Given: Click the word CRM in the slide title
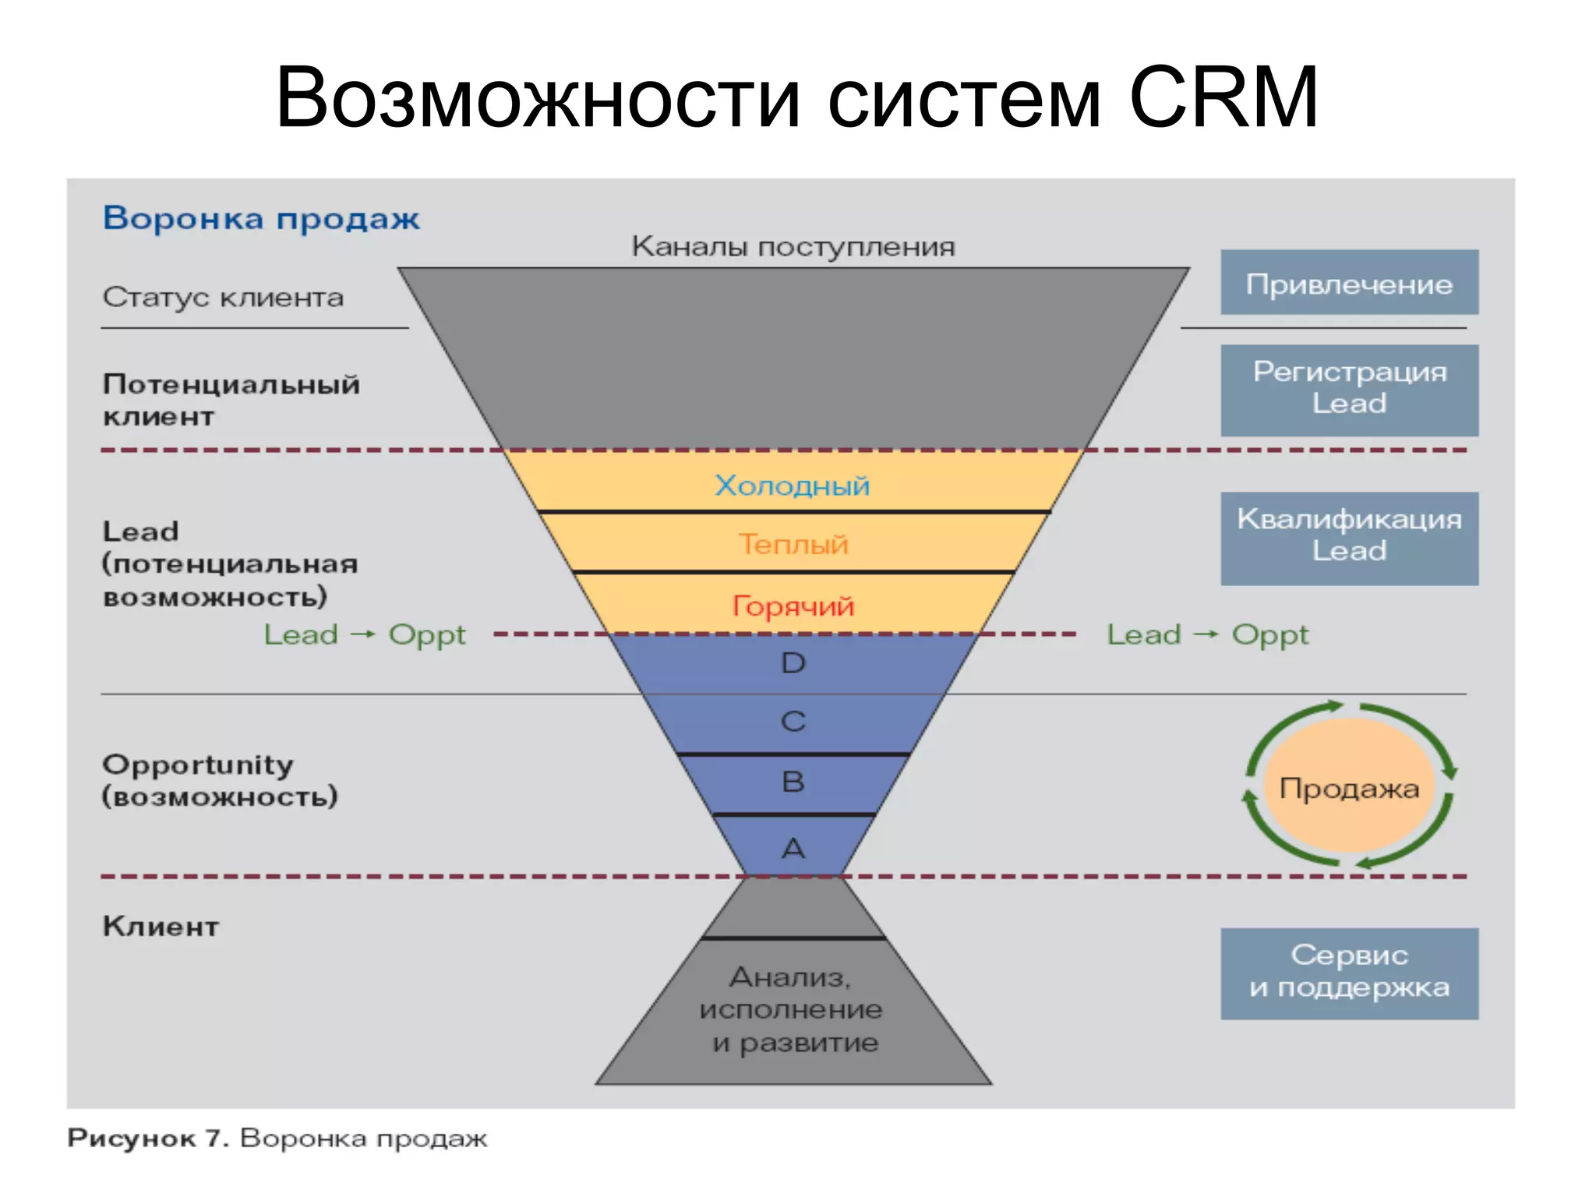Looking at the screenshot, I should [1223, 97].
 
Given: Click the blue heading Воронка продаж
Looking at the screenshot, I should [261, 219].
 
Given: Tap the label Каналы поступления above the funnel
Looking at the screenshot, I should [793, 247].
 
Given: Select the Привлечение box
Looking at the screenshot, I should [1349, 283].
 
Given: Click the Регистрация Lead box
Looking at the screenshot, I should [1349, 390].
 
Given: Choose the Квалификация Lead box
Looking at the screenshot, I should [1349, 538].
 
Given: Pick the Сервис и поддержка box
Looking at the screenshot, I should [1349, 973].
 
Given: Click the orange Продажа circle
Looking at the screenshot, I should [1349, 787].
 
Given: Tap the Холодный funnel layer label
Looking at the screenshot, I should [792, 486].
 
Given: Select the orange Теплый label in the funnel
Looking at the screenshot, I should [793, 544].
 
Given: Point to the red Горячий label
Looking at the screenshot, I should [793, 606].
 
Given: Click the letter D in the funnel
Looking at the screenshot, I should [793, 663].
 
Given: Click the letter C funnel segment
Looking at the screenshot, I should [793, 722].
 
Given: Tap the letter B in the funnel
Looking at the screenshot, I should [793, 782].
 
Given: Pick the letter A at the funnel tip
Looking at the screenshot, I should [793, 848].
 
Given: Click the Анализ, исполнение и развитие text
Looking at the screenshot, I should [792, 1009].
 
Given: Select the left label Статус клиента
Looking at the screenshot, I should [223, 297].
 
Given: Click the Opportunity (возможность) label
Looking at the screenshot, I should [219, 780].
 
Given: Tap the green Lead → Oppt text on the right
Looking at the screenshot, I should [1207, 634].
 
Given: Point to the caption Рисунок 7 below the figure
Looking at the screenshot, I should [148, 1139].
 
